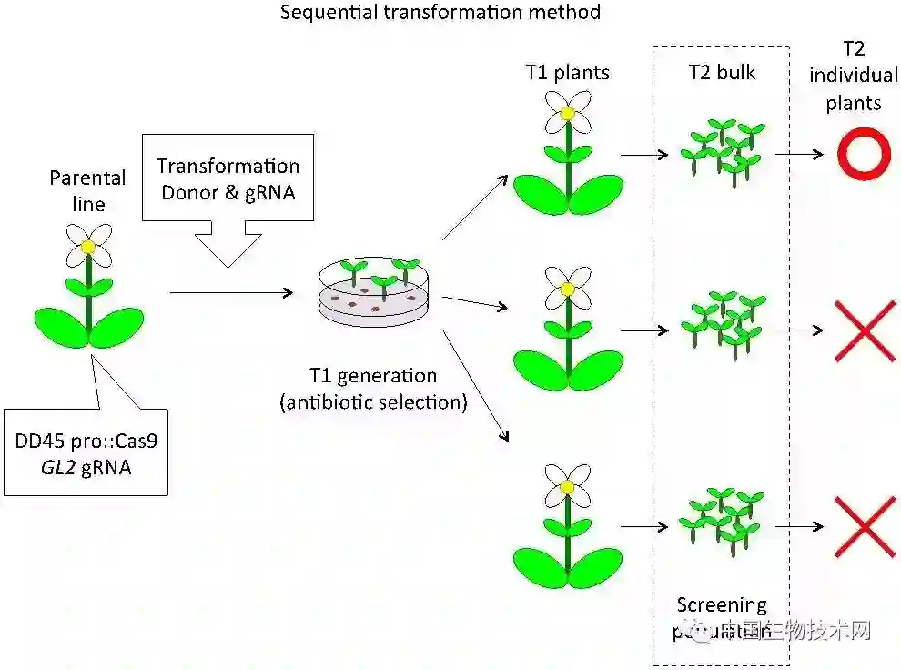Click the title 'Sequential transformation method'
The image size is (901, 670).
point(440,13)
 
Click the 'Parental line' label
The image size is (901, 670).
point(88,190)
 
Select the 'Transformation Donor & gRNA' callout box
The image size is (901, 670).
point(228,179)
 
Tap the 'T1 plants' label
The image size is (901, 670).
point(567,72)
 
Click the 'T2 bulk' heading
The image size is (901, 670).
point(721,72)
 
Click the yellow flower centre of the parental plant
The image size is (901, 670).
point(88,247)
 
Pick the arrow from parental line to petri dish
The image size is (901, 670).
point(232,293)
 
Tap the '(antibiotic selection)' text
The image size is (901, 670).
point(374,401)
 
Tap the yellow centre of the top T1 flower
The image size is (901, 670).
point(568,114)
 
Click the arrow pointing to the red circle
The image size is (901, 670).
point(799,154)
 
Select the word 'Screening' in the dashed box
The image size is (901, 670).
point(722,604)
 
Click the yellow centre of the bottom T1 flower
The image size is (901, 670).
point(568,487)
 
